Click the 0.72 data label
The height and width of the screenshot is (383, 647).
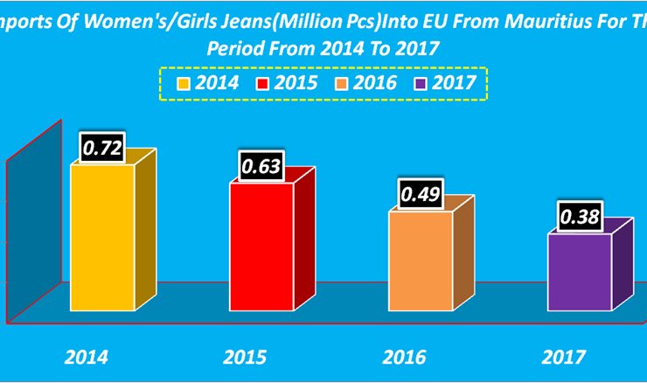pyautogui.click(x=102, y=148)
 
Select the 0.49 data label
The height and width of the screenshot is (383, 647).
pyautogui.click(x=421, y=194)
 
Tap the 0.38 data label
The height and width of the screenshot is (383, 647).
pyautogui.click(x=580, y=217)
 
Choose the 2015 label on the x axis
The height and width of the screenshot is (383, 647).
pyautogui.click(x=245, y=357)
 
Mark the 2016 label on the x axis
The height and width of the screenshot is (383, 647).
pyautogui.click(x=404, y=357)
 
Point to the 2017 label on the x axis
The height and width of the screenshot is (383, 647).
pyautogui.click(x=563, y=357)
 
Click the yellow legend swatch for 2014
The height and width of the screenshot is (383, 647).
pyautogui.click(x=184, y=85)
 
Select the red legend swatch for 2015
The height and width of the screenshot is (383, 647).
pyautogui.click(x=262, y=85)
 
